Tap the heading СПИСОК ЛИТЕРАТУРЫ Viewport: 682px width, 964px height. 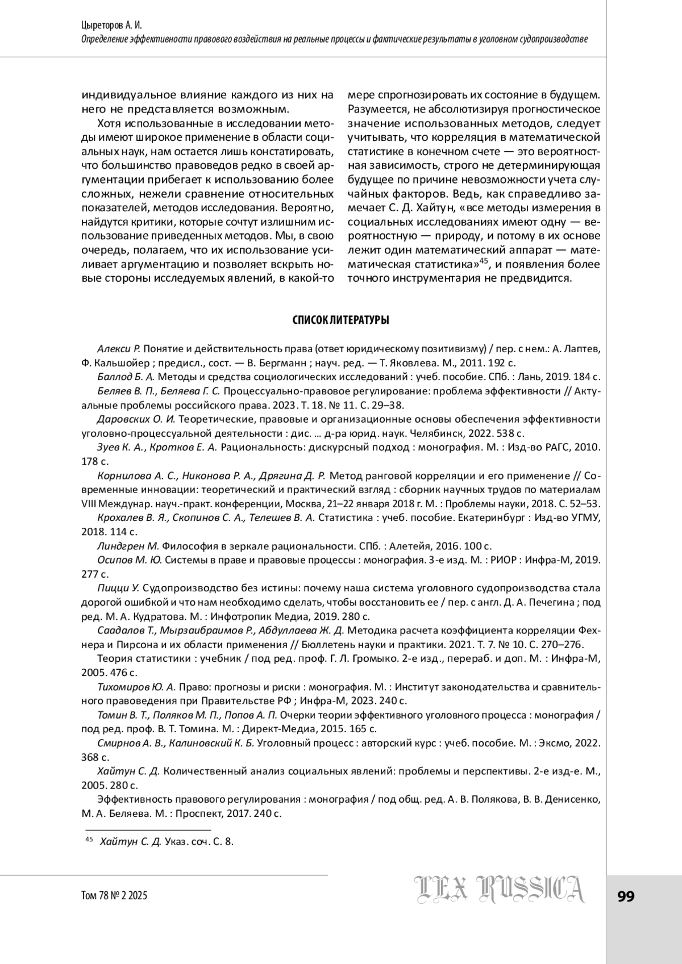point(340,321)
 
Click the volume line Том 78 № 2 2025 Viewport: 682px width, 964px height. point(115,896)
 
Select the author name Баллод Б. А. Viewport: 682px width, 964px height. point(126,377)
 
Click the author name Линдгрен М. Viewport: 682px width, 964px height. point(128,546)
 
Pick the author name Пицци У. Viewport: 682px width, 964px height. point(118,589)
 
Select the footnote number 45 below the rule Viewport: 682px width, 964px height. point(89,840)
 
